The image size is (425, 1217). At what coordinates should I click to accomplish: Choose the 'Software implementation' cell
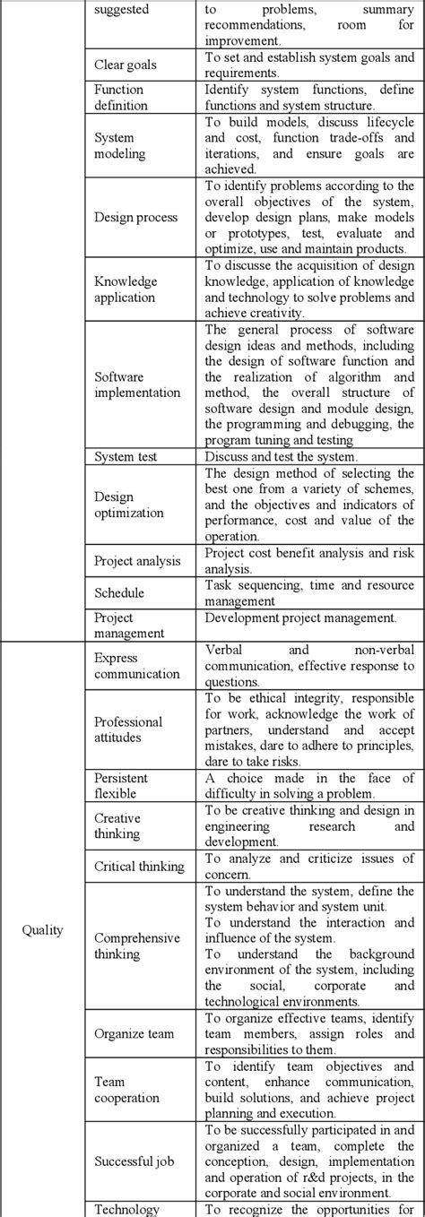click(x=137, y=384)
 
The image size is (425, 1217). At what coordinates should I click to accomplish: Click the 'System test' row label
click(x=126, y=456)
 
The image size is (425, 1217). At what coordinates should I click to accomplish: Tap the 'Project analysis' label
click(x=137, y=561)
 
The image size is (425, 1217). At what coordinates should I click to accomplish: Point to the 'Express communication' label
click(x=136, y=665)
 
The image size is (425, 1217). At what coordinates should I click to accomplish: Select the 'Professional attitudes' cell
click(x=128, y=729)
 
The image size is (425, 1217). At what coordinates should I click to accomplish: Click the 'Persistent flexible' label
click(x=121, y=785)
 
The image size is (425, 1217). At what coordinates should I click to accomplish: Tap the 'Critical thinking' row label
click(x=139, y=866)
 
